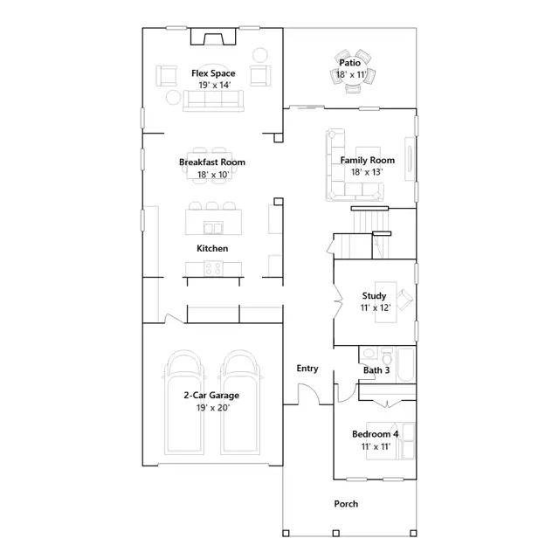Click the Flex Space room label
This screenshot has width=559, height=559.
pos(213,73)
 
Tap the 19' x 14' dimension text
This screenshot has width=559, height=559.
pos(215,85)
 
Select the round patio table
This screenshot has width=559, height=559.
pos(352,75)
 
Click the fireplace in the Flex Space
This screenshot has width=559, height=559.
pos(213,37)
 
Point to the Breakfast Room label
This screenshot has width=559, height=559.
pos(212,162)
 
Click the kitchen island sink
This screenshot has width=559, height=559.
pos(213,227)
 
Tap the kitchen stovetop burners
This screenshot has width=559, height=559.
pos(213,268)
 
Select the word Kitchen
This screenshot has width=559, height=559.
pos(212,248)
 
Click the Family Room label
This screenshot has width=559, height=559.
pos(367,161)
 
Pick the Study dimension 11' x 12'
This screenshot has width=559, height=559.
pos(375,307)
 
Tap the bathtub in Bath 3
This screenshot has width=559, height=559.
pos(405,365)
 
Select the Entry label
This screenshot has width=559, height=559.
pos(307,369)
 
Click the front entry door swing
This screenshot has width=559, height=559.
pos(308,393)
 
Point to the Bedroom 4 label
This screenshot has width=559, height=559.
pos(375,434)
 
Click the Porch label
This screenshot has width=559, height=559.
pos(346,504)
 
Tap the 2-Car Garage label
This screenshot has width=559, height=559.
pos(211,396)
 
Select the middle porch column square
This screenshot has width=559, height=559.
pos(335,534)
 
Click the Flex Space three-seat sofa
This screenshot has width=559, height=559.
pos(213,100)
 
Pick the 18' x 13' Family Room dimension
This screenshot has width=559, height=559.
pos(367,172)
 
